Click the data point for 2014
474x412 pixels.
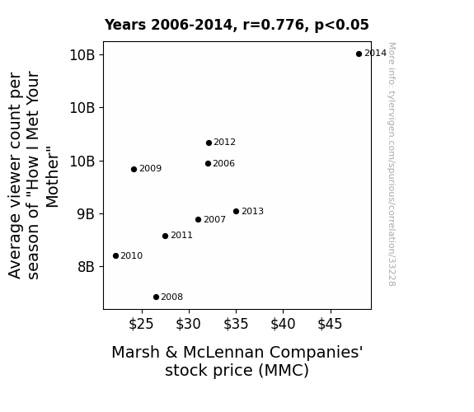coord(359,54)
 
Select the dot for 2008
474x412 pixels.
coord(156,297)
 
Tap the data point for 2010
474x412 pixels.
coord(115,255)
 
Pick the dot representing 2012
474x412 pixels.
coord(209,143)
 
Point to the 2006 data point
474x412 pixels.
coord(208,163)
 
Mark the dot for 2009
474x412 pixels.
coord(134,169)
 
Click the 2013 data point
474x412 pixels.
coord(236,211)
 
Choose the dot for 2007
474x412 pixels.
coord(199,219)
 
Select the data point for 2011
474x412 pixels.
coord(165,236)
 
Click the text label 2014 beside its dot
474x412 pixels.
coord(375,54)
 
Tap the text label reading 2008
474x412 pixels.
coord(172,297)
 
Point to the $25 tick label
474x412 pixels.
coord(141,324)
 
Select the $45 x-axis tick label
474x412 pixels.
coord(330,324)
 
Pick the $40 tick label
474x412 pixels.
coord(283,324)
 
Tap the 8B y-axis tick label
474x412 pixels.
coord(86,267)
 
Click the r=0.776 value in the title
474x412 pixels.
coord(274,25)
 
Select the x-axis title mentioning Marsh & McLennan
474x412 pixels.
coord(237,361)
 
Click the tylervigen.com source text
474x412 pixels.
coord(392,164)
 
